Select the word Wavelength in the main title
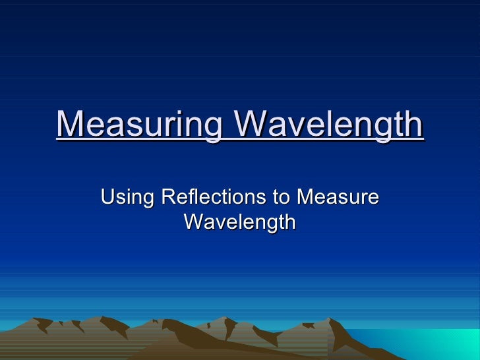point(329,125)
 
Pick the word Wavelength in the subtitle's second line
point(239,222)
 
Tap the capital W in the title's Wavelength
point(250,125)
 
